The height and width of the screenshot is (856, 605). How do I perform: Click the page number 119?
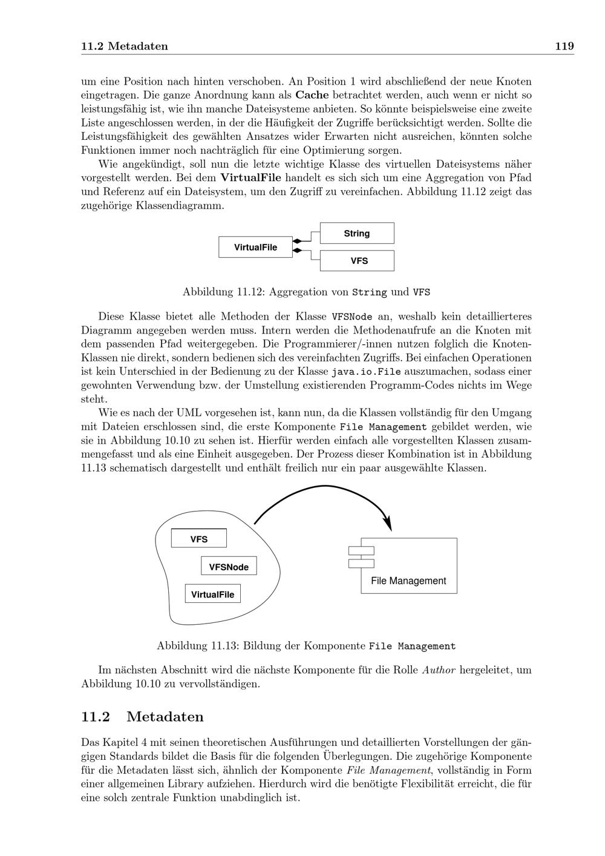[564, 47]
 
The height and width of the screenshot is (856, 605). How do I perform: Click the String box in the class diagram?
[357, 233]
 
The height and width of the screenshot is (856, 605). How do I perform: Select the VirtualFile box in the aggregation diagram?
[255, 247]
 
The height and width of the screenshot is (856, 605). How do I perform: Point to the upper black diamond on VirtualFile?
[297, 241]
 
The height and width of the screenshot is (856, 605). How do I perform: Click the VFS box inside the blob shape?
[198, 539]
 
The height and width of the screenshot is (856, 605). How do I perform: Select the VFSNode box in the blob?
[229, 567]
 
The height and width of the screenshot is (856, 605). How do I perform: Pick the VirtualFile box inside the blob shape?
[212, 594]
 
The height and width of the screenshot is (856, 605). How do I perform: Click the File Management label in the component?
[408, 581]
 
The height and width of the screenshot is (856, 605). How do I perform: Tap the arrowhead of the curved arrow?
[388, 524]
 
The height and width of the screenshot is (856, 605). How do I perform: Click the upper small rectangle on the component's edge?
[361, 550]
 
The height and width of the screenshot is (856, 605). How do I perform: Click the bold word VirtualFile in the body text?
[250, 178]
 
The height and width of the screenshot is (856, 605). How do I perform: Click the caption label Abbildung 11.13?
[197, 645]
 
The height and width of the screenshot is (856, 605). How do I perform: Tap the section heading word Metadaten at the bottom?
[165, 717]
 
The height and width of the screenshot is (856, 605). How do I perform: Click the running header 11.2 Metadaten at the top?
[125, 47]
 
